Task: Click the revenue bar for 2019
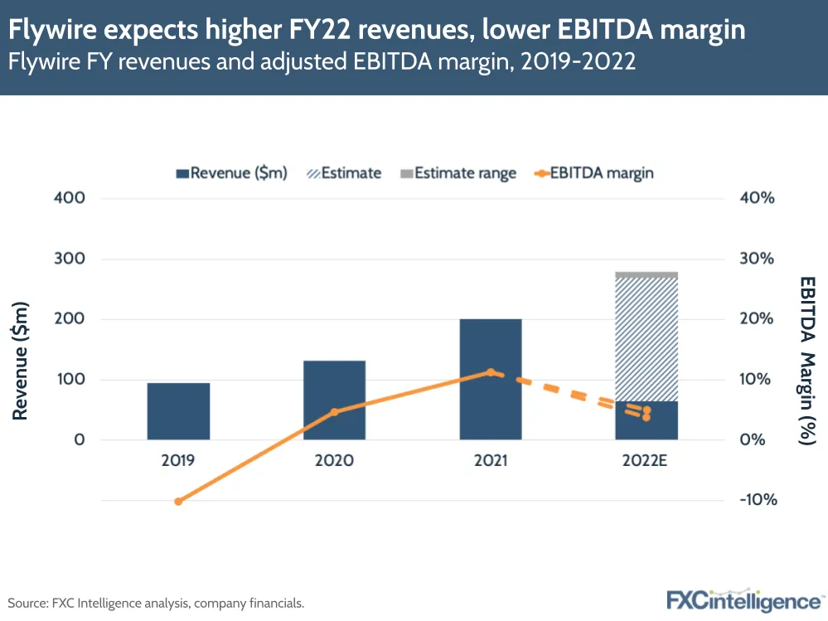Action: click(178, 411)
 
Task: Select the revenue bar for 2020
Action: click(334, 400)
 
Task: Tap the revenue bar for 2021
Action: click(491, 379)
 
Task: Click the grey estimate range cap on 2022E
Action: click(646, 274)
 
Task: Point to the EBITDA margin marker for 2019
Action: click(178, 501)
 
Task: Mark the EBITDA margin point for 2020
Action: click(335, 412)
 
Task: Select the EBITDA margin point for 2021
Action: click(491, 372)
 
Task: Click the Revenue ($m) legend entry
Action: click(231, 173)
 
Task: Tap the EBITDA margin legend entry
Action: click(593, 173)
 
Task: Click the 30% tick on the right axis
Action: click(755, 259)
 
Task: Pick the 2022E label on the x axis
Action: click(646, 460)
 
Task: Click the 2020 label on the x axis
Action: click(334, 460)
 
